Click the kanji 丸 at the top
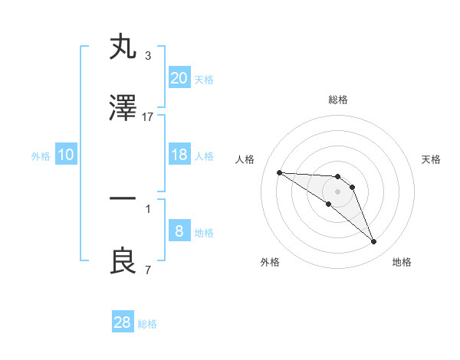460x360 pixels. click(x=123, y=47)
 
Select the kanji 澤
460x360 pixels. click(x=123, y=109)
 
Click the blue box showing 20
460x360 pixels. click(x=179, y=77)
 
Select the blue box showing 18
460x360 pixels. click(x=179, y=155)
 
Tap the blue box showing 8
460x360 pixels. click(x=179, y=231)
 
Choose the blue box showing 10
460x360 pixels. click(x=66, y=155)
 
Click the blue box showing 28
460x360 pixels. click(x=123, y=322)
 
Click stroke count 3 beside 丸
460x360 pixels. click(x=148, y=55)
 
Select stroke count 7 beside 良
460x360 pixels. click(x=148, y=270)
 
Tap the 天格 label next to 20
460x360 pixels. click(x=203, y=79)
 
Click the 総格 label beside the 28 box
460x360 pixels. click(x=147, y=323)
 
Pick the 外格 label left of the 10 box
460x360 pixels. click(x=41, y=156)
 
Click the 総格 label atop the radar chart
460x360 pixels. click(x=338, y=100)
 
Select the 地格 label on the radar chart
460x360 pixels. click(x=402, y=262)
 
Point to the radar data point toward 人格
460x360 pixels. click(x=279, y=172)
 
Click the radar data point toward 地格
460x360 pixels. click(x=374, y=242)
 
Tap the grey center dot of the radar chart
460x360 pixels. click(x=338, y=191)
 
